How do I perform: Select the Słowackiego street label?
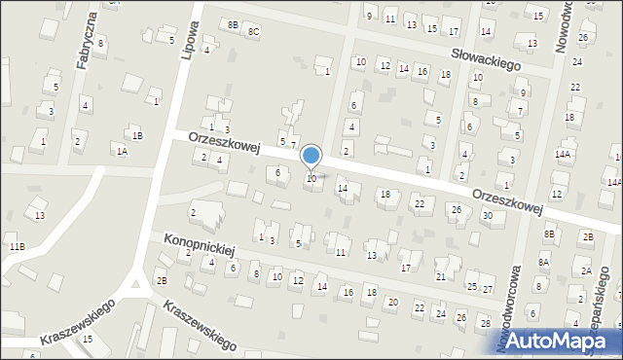click(485, 57)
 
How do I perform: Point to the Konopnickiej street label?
click(200, 243)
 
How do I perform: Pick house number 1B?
click(138, 136)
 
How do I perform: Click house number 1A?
click(122, 151)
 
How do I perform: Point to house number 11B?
click(17, 247)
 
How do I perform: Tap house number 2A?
click(586, 270)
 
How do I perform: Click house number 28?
click(486, 322)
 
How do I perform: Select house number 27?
click(487, 290)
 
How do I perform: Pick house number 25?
click(472, 287)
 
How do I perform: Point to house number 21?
click(440, 277)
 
